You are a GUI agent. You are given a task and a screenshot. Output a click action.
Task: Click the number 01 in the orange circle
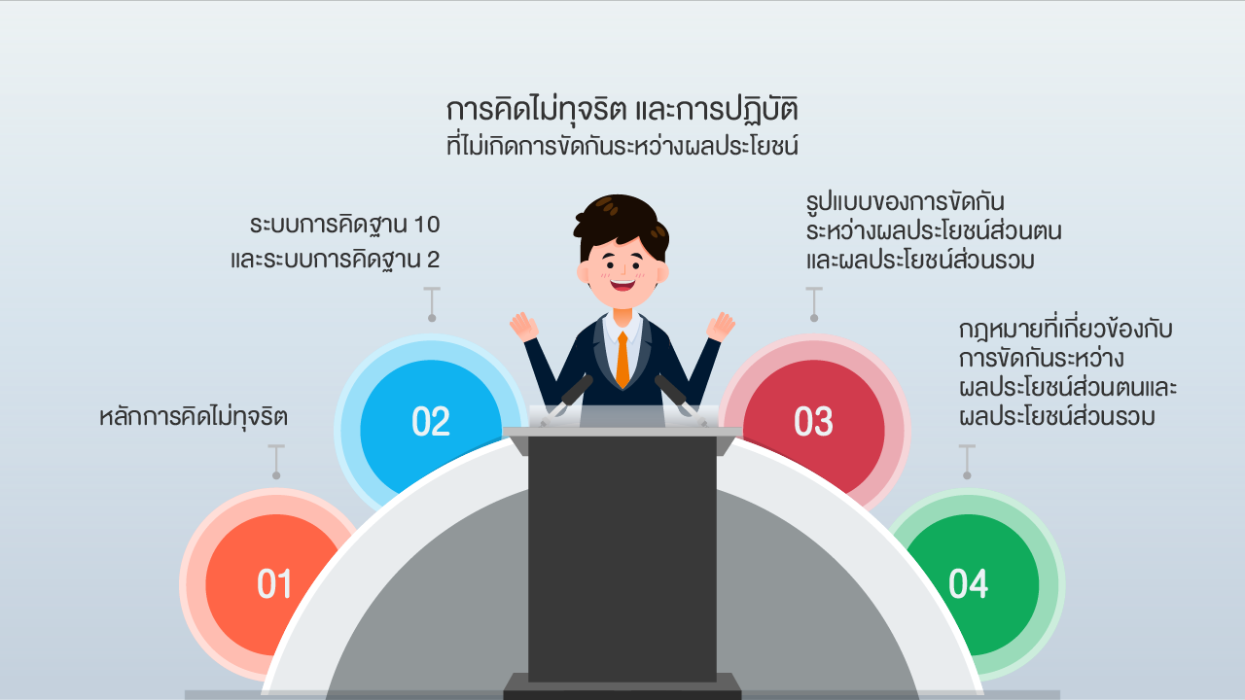(274, 584)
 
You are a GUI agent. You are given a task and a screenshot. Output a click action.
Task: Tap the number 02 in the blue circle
(431, 422)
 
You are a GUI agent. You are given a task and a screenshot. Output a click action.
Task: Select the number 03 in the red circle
(814, 422)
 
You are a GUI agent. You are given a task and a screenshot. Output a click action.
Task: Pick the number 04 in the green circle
(968, 584)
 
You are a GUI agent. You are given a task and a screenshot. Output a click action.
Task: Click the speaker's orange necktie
(622, 360)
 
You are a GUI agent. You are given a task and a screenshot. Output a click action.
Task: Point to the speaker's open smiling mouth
(622, 285)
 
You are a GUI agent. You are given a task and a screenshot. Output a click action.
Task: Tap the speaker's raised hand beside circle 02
(523, 327)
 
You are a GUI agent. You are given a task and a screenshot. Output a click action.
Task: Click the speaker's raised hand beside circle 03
(721, 327)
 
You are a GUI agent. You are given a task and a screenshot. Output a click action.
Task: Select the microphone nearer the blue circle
(567, 400)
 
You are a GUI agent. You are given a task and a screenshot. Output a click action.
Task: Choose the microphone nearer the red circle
(680, 400)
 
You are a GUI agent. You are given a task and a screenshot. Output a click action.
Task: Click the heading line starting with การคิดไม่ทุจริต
(622, 110)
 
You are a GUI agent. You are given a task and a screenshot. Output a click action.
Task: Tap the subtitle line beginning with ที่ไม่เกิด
(622, 145)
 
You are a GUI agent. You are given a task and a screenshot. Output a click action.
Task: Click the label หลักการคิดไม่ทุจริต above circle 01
(194, 417)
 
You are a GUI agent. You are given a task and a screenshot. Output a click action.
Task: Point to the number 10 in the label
(426, 225)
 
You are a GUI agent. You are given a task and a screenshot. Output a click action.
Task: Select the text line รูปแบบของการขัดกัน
(905, 201)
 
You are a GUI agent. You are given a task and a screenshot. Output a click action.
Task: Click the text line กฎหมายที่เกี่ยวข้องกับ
(1065, 329)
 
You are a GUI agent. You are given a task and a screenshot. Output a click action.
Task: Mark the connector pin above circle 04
(967, 462)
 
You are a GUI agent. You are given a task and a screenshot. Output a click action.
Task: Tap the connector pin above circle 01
(276, 462)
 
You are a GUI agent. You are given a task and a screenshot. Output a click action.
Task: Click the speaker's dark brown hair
(622, 223)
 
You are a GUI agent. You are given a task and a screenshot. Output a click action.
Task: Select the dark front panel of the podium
(622, 558)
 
